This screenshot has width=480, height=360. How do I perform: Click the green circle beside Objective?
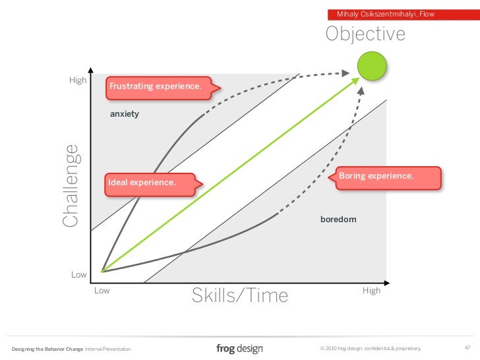(x=371, y=66)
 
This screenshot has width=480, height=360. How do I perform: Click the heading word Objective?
(x=365, y=34)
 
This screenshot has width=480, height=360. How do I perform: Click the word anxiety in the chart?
(x=125, y=114)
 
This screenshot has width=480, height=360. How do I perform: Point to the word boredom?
(x=338, y=218)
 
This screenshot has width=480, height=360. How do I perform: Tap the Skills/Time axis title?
(x=240, y=296)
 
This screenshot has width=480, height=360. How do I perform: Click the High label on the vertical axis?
(x=78, y=80)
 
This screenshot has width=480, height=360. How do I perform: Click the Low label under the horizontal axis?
(x=102, y=290)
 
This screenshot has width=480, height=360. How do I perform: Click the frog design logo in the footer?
(x=239, y=347)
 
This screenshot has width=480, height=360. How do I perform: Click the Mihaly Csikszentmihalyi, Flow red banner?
(x=386, y=14)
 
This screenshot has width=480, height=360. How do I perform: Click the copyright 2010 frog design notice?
(x=369, y=348)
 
